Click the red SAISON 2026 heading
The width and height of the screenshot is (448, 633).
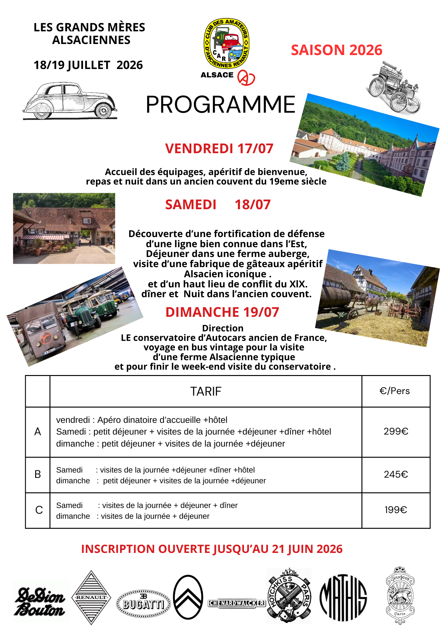[x=336, y=50]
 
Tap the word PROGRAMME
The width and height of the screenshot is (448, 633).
[x=221, y=105]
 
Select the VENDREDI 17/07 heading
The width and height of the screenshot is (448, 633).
[x=219, y=149]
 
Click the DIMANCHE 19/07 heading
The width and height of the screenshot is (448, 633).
[x=222, y=312]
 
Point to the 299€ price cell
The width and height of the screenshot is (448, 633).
[x=396, y=431]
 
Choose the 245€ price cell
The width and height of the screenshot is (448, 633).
[x=396, y=474]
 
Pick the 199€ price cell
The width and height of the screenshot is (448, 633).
[x=396, y=510]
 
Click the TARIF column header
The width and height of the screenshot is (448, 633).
[x=206, y=392]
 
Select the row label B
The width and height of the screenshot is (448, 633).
[x=38, y=474]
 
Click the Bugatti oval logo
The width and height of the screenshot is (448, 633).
[x=144, y=604]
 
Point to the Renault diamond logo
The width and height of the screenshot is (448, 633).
[x=91, y=598]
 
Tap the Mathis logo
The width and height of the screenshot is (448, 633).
[x=343, y=598]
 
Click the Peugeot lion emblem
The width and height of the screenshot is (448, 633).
[x=400, y=596]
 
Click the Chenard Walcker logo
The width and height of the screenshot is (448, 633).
[x=237, y=603]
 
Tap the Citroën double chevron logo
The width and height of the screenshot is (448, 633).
[x=188, y=597]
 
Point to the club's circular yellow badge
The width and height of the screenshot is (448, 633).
[x=227, y=43]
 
